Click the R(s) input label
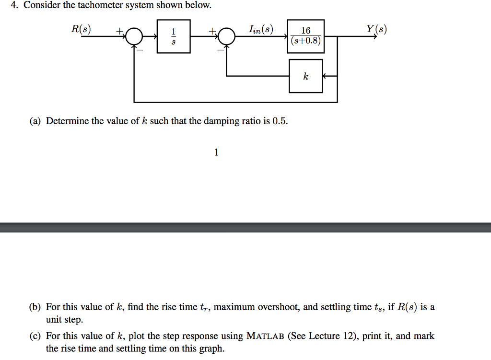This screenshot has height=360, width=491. click(x=80, y=29)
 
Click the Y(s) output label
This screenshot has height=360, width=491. click(x=376, y=29)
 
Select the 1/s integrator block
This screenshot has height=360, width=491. click(x=174, y=36)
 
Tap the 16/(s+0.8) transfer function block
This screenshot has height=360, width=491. click(x=305, y=36)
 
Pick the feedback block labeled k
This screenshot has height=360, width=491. click(x=305, y=76)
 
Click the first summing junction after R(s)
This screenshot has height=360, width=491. click(x=134, y=36)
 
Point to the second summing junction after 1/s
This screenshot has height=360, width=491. click(x=227, y=36)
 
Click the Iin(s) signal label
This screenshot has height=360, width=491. click(x=261, y=30)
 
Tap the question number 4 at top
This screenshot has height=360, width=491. click(x=14, y=6)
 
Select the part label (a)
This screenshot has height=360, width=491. click(x=35, y=121)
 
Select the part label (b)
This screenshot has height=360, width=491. click(x=35, y=307)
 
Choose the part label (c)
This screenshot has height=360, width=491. click(x=35, y=336)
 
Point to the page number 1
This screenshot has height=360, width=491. click(x=216, y=152)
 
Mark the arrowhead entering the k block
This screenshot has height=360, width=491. click(x=325, y=76)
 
